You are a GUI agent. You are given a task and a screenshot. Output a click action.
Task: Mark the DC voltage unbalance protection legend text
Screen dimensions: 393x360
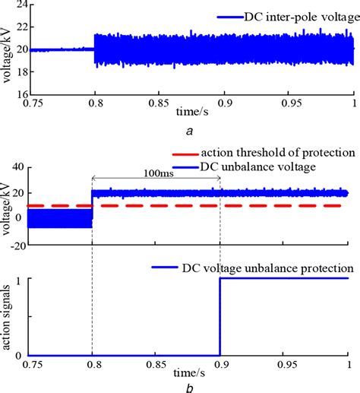(268, 268)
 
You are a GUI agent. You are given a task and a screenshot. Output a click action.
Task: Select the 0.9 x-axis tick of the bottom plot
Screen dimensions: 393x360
(221, 363)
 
